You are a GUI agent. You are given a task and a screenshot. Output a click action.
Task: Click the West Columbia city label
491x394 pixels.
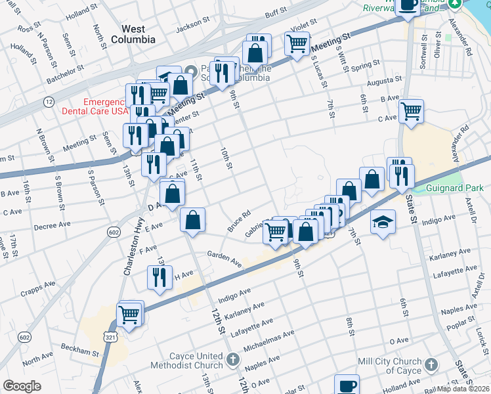pyautogui.click(x=139, y=33)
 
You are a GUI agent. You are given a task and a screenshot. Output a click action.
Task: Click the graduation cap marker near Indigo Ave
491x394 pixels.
pyautogui.click(x=383, y=222)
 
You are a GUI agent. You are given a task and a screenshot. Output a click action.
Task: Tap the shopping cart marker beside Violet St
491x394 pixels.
pyautogui.click(x=297, y=43)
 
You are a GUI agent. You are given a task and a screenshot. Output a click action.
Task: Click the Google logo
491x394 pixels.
pyautogui.click(x=22, y=386)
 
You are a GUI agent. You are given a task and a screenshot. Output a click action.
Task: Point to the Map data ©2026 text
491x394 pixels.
pyautogui.click(x=463, y=389)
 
